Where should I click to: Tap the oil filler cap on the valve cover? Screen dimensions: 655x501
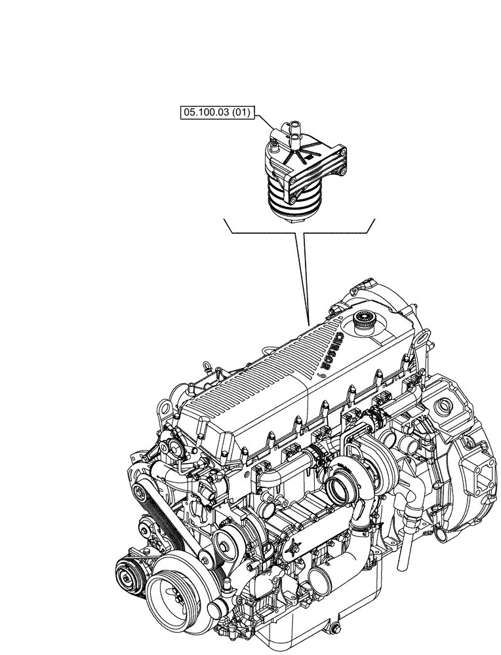362,322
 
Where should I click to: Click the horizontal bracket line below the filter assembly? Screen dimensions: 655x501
299,233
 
